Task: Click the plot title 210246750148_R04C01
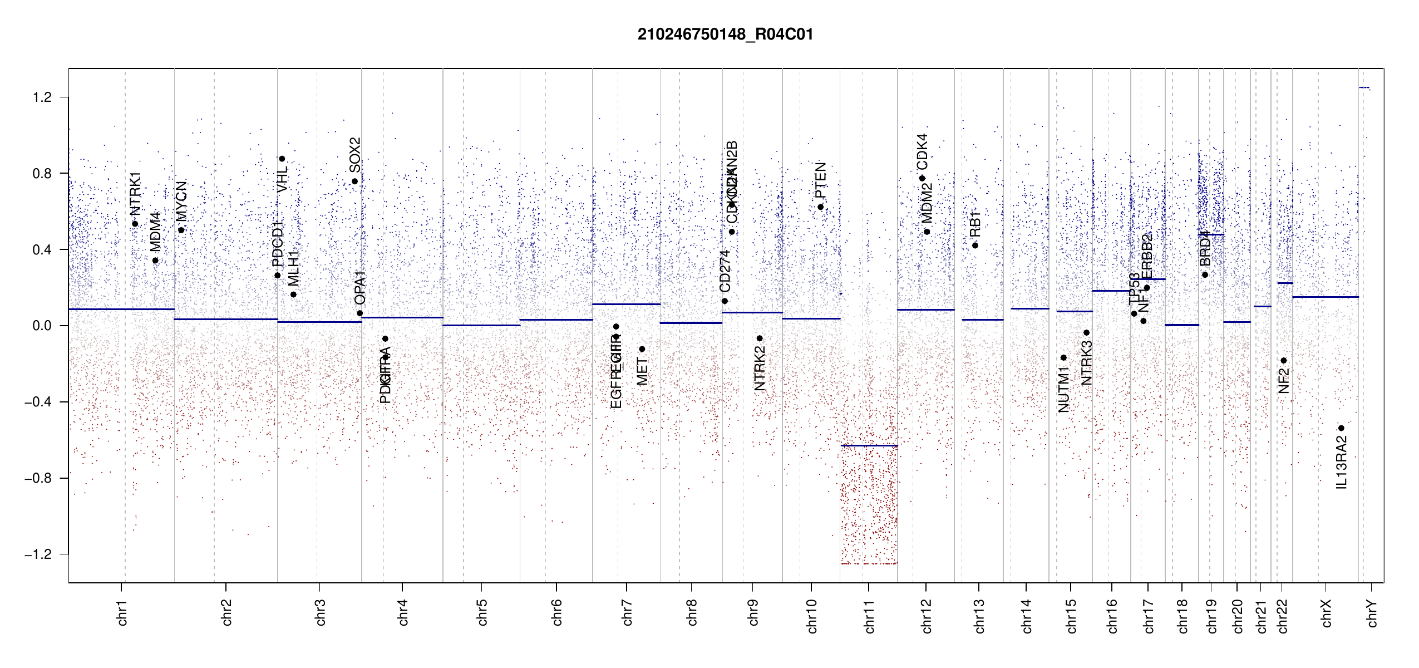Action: tap(725, 35)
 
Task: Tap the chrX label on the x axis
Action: tap(1326, 613)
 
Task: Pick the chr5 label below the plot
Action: tap(482, 612)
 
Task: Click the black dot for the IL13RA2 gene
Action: tap(1341, 428)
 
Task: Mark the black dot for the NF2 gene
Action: tap(1284, 361)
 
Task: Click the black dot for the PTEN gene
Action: tap(820, 207)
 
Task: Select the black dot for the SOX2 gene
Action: tap(354, 181)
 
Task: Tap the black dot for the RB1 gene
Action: tap(975, 245)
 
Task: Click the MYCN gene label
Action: tap(181, 201)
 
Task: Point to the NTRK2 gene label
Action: tap(760, 368)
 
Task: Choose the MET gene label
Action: tap(642, 372)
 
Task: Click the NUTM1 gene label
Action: tap(1063, 389)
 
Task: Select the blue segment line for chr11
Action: tap(869, 445)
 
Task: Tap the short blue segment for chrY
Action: tap(1364, 87)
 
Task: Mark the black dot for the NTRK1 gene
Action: tap(135, 224)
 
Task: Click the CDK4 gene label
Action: tap(922, 151)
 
